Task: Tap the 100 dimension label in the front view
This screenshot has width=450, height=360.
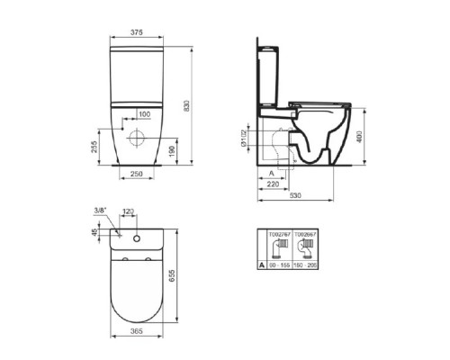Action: (x=144, y=114)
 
